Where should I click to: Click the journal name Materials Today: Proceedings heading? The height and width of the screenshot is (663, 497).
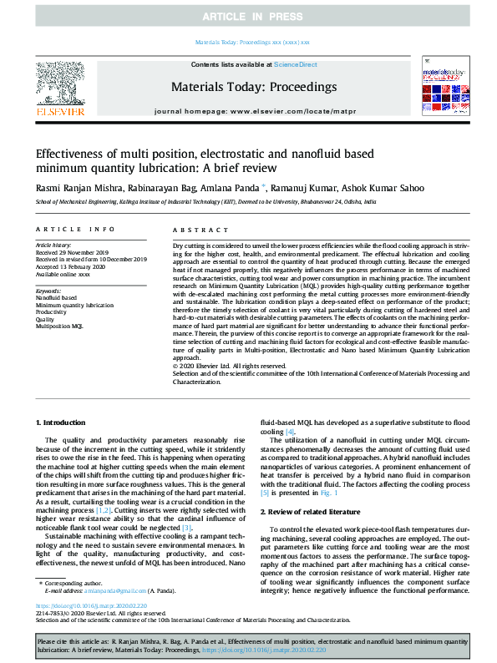coord(253,87)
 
